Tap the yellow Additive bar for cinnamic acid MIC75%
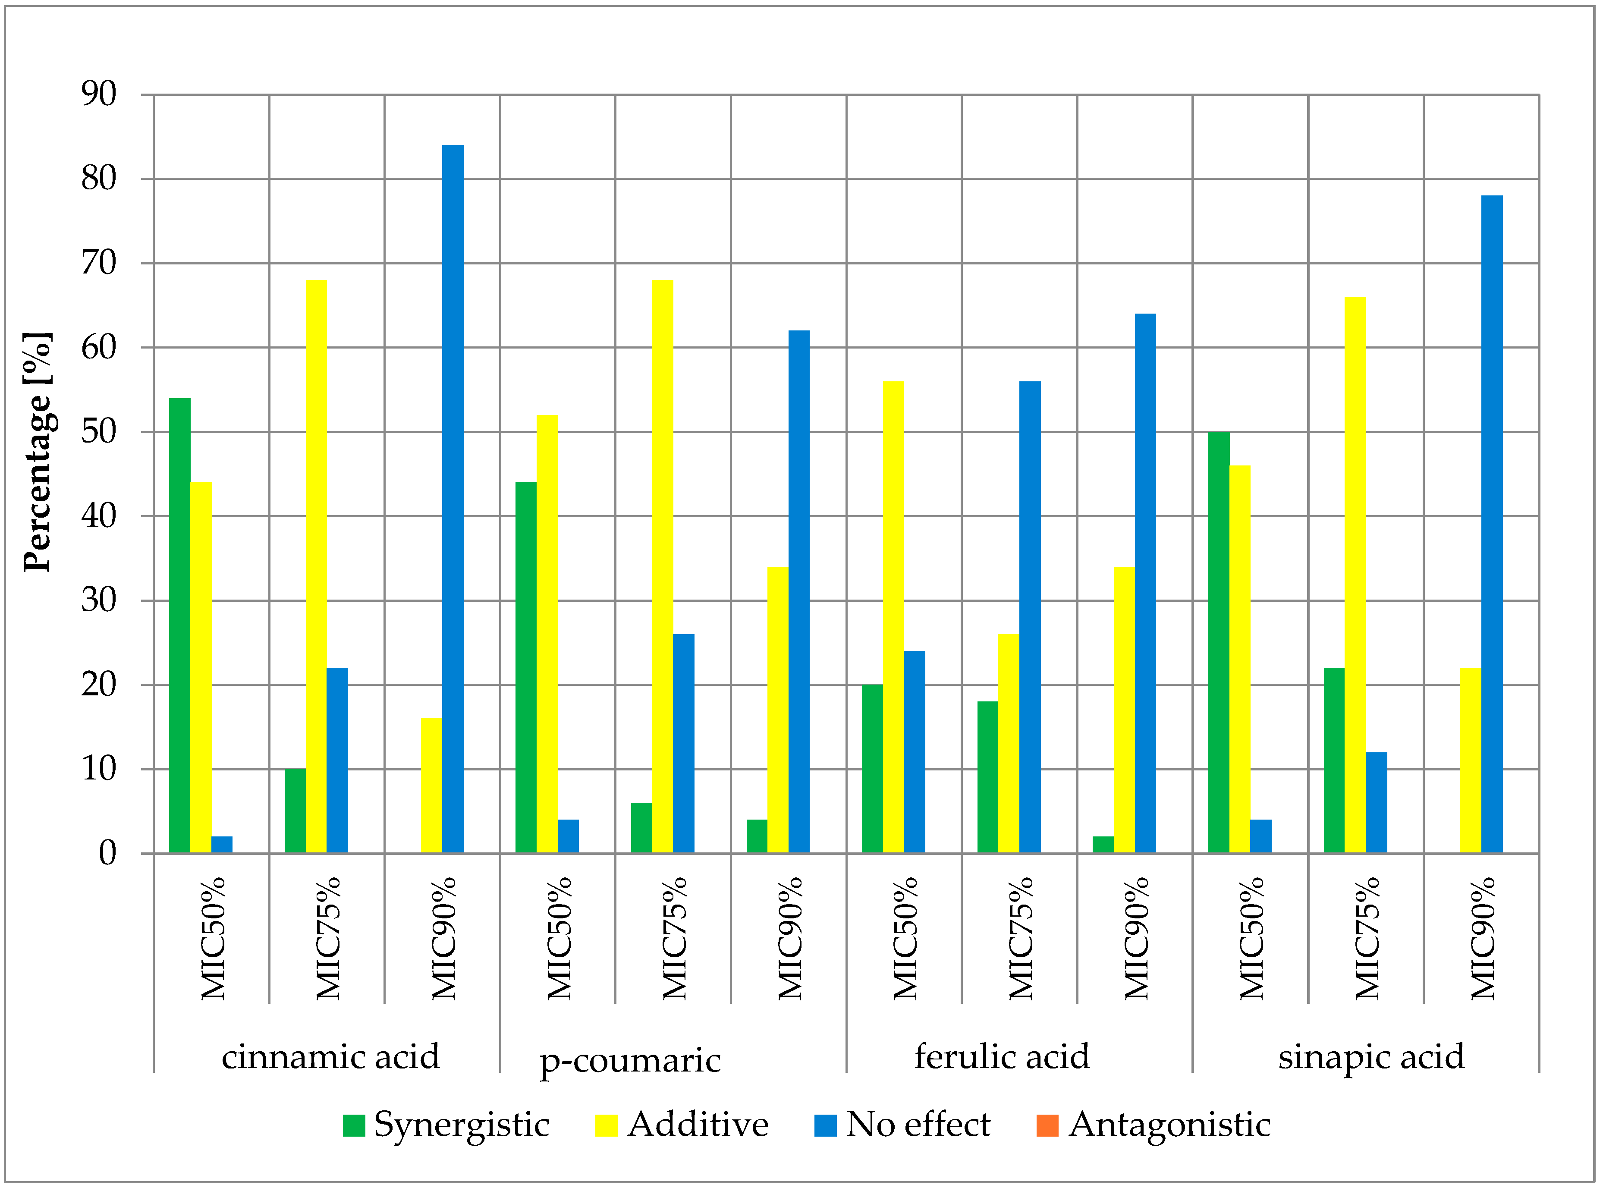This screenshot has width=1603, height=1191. (316, 566)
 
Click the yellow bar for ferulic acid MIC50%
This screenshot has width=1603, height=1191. (893, 616)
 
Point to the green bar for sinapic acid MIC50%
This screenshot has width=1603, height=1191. (1218, 641)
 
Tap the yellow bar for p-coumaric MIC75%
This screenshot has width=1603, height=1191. (663, 566)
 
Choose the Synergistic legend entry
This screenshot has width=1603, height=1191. (447, 1125)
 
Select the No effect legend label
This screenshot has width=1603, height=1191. (918, 1125)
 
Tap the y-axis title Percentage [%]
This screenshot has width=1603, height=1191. (38, 452)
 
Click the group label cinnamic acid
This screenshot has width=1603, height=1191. (330, 1057)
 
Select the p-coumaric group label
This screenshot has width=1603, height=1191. (630, 1060)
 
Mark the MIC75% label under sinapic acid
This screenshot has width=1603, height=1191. (1367, 938)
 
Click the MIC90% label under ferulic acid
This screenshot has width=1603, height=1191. (1137, 938)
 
